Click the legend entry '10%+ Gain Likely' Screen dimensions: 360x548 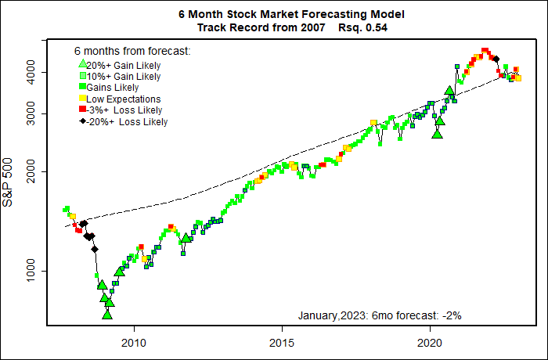123,77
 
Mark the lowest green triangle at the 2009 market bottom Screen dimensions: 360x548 107,314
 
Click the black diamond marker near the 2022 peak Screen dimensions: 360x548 496,59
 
